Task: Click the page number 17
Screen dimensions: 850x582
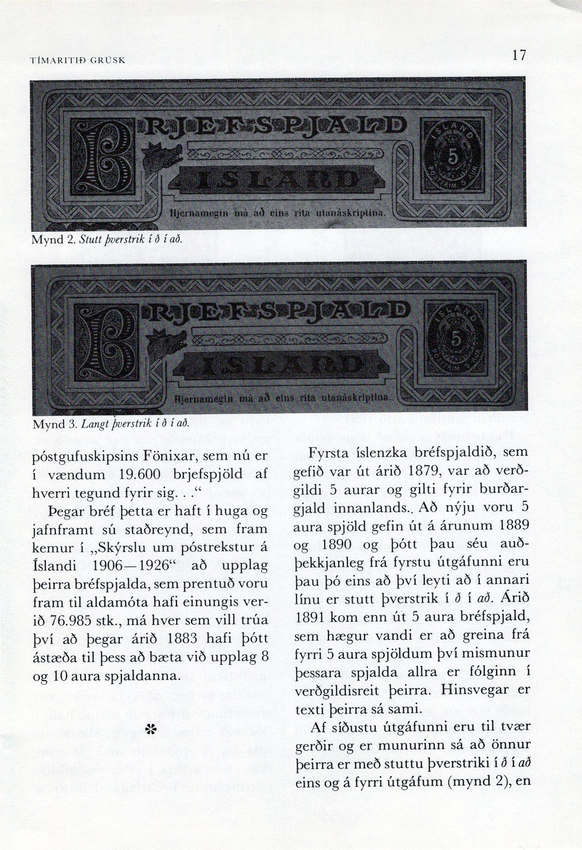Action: point(519,55)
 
